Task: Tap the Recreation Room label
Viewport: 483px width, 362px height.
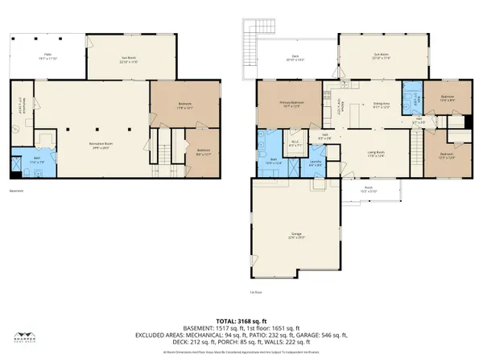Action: (x=100, y=143)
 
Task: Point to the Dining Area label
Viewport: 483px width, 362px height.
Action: (x=382, y=105)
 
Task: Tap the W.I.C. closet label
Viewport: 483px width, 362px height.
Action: (x=295, y=145)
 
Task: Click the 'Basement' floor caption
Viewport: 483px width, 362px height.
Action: (x=17, y=191)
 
